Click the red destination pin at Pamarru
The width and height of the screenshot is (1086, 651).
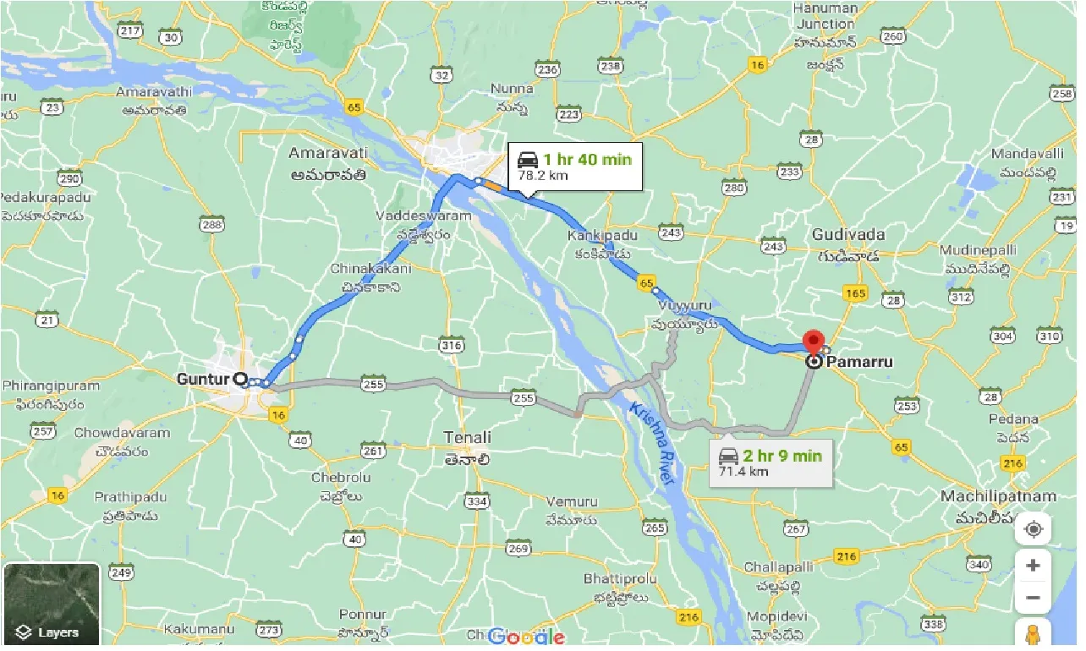pyautogui.click(x=814, y=342)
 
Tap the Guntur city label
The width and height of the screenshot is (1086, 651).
pyautogui.click(x=203, y=380)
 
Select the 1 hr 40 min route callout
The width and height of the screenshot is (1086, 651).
pyautogui.click(x=574, y=167)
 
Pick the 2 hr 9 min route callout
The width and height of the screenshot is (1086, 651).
pyautogui.click(x=770, y=462)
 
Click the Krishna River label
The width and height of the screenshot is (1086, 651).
pyautogui.click(x=650, y=443)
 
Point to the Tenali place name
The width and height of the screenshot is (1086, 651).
pyautogui.click(x=467, y=437)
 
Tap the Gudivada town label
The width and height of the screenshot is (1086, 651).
pyautogui.click(x=847, y=234)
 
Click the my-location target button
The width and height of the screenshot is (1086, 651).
pyautogui.click(x=1033, y=530)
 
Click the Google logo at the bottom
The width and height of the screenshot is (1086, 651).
pyautogui.click(x=526, y=636)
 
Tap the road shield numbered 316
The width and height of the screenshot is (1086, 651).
pyautogui.click(x=451, y=345)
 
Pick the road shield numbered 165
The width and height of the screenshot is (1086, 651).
pyautogui.click(x=855, y=293)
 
